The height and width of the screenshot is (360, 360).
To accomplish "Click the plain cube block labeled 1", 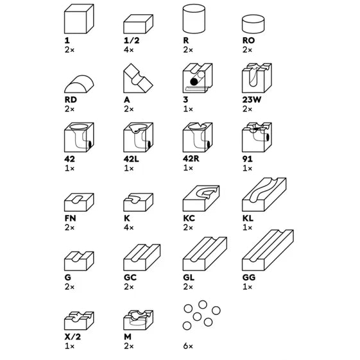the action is (79, 19).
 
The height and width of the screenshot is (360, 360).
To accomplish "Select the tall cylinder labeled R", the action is (194, 19).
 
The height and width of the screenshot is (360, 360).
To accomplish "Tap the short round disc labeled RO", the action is (253, 24).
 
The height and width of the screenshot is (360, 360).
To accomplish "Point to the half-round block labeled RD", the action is (79, 84).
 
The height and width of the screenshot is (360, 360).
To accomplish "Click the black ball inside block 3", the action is (194, 81).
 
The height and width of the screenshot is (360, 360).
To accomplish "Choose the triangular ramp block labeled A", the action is (138, 78).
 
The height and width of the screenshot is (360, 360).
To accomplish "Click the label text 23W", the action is (252, 99).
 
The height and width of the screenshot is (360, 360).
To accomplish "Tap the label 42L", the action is (132, 159).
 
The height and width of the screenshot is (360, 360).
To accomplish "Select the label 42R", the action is (191, 159).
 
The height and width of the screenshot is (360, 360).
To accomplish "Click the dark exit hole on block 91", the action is (268, 137).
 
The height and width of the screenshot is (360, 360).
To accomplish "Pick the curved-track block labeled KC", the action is (201, 198).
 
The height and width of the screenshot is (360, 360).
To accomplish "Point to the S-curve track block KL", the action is (264, 194).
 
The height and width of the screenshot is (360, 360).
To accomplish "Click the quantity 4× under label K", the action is (129, 228).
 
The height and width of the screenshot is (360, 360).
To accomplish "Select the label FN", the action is (70, 218).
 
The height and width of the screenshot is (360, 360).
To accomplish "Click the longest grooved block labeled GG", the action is (268, 250).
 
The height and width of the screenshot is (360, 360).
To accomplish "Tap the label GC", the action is (130, 277).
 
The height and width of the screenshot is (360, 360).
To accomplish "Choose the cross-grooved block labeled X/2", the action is (79, 320).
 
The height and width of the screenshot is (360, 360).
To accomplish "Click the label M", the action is (128, 337).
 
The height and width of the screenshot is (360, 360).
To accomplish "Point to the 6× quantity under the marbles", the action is (188, 346).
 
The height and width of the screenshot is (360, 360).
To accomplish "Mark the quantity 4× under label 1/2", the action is (129, 49).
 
